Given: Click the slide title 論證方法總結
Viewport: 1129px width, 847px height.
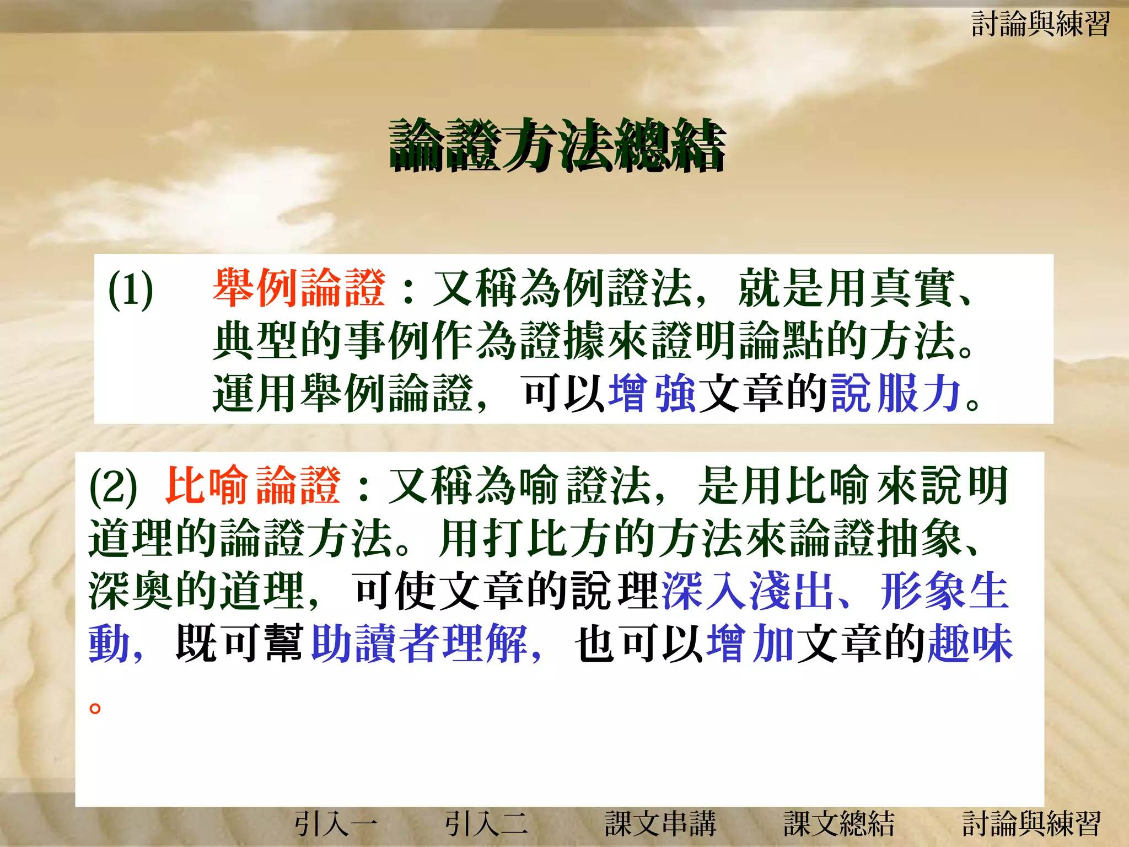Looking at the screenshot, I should click(557, 144).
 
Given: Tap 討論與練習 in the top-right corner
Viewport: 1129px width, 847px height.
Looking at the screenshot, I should click(1040, 24).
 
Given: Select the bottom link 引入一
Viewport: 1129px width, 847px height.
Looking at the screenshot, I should click(336, 824).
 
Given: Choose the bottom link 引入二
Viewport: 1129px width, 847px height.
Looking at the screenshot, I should click(486, 824).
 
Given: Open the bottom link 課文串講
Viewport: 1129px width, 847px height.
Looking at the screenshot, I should click(660, 824).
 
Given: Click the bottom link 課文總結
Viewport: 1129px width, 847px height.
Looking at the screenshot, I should click(839, 824).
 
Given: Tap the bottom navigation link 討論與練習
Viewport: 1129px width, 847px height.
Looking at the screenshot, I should click(1031, 824).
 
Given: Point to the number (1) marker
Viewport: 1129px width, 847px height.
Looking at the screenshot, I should click(131, 290).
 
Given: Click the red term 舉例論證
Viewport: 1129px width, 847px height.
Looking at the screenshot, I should click(299, 288).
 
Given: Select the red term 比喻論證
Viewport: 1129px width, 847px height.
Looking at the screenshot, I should click(253, 485).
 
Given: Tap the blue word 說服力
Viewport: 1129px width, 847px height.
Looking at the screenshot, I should click(896, 393).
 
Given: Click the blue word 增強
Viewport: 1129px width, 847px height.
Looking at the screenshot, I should click(652, 393).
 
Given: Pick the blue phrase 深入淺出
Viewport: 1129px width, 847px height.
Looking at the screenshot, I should click(748, 591).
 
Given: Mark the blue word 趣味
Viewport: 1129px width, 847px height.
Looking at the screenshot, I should click(970, 643).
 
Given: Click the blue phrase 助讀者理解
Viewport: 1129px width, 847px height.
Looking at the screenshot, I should click(419, 643).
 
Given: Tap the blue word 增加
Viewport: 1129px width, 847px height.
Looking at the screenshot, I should click(750, 643).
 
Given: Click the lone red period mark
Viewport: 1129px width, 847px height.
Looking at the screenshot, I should click(95, 707).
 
